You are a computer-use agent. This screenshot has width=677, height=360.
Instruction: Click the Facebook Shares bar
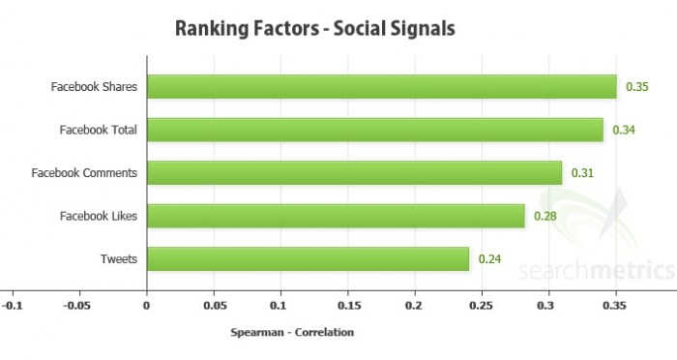click(x=381, y=87)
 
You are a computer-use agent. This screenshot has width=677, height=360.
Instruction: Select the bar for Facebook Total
click(x=374, y=130)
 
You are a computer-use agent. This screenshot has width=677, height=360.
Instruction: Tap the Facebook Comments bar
click(x=354, y=173)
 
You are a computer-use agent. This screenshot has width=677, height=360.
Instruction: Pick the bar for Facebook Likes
click(x=335, y=216)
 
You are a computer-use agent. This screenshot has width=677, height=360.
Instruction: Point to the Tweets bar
click(x=308, y=259)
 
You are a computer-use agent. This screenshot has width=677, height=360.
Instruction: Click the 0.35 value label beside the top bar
click(x=636, y=87)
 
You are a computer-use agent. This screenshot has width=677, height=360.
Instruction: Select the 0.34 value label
click(x=623, y=130)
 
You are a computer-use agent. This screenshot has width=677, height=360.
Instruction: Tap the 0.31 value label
click(x=581, y=173)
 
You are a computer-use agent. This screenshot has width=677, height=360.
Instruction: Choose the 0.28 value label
click(x=545, y=216)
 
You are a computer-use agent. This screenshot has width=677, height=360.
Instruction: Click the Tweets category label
click(x=119, y=259)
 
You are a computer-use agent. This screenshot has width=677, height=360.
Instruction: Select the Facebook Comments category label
click(x=84, y=173)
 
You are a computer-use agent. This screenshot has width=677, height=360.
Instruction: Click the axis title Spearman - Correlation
click(x=292, y=333)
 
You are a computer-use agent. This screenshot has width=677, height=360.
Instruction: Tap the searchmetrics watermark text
click(x=594, y=268)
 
